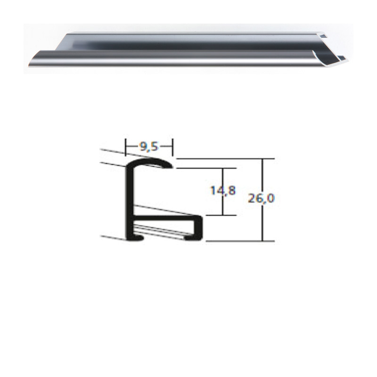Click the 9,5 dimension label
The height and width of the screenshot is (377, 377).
pos(149,146)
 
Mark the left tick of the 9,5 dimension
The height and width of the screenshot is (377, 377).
pos(125,147)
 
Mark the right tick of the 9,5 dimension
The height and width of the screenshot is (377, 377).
pos(173,147)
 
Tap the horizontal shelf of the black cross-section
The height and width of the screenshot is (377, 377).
pos(165,217)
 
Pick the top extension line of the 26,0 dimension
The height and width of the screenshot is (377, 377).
pos(221,158)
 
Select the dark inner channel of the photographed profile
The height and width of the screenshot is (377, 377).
pos(188,44)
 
